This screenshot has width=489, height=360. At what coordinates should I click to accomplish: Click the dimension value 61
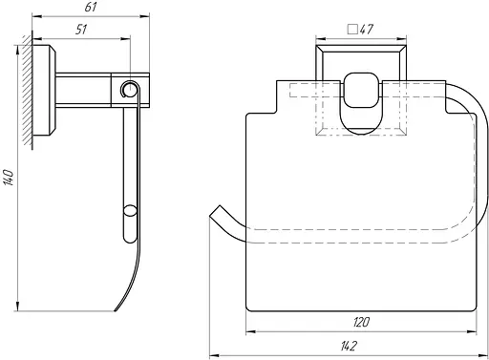point(91,7)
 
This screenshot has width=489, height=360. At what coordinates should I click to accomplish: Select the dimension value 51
point(81,30)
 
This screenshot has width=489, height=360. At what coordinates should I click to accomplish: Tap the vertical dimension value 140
point(9,178)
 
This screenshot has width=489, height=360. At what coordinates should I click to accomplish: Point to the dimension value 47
point(367,30)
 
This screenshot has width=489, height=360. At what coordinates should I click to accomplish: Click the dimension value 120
point(361,322)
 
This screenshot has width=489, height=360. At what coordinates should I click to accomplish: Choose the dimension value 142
point(349,346)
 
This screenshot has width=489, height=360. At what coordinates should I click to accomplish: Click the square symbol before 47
point(352,30)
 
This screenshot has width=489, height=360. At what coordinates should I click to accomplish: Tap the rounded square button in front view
point(361,90)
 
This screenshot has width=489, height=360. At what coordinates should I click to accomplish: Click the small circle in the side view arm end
point(129,89)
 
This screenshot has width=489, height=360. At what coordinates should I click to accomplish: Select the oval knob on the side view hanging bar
point(130,211)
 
